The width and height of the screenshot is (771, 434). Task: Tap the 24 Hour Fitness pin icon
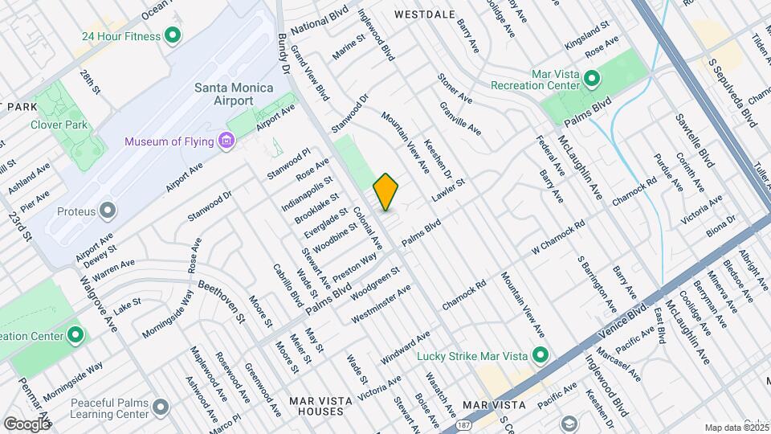coord(171,35)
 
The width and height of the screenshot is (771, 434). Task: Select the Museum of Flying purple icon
coord(227,142)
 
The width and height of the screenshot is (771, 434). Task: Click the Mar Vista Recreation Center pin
coord(592,79)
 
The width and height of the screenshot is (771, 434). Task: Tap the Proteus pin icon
coord(108,212)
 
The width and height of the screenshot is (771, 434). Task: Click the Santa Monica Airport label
coord(223,94)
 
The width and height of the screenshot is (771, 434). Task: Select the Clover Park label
coord(58,125)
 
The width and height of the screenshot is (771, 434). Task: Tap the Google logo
coord(27,424)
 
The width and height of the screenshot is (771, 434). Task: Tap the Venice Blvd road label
coord(623,317)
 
